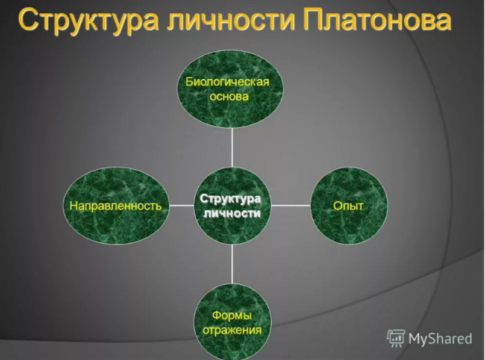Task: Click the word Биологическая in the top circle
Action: [227, 82]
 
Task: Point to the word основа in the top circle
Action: [229, 96]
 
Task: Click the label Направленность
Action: [116, 206]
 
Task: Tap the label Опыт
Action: [348, 206]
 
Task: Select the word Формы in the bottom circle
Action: [232, 315]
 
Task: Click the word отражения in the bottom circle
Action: [232, 330]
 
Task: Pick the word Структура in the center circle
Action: [230, 199]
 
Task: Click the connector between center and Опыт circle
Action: [291, 205]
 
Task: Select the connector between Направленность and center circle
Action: [181, 205]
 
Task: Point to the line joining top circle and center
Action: [232, 147]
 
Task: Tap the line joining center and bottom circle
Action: [232, 264]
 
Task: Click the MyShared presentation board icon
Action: [396, 338]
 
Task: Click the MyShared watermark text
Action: [440, 339]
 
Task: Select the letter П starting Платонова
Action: [313, 20]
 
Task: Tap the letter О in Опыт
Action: [338, 205]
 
